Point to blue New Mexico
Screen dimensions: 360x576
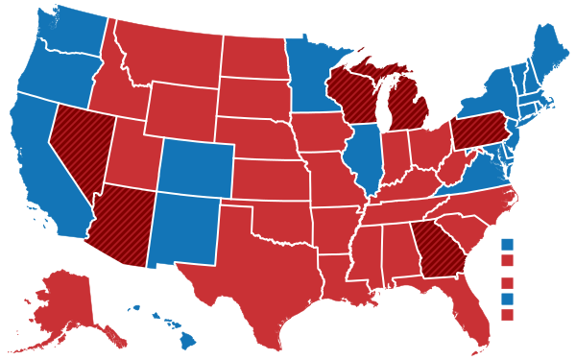coord(182,230)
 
